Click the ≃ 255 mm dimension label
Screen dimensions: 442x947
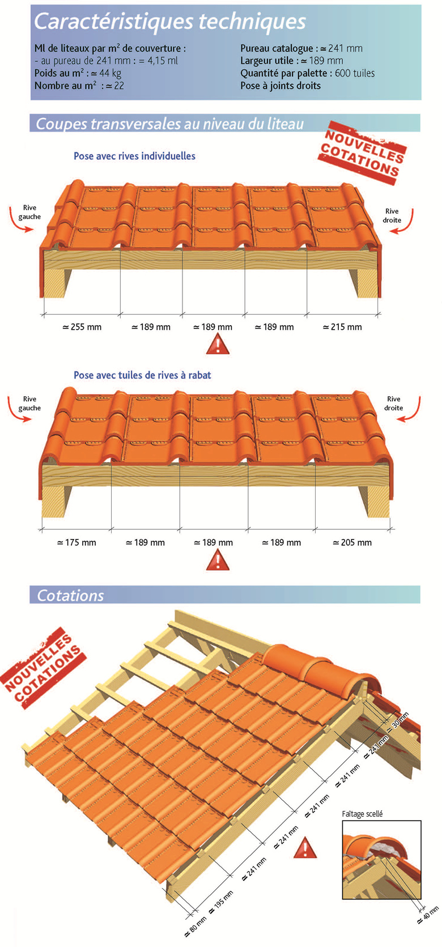pos(82,327)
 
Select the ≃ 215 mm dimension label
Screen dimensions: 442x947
pos(342,327)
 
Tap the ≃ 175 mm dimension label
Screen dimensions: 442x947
pos(76,543)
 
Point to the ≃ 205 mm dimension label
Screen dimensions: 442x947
pos(352,543)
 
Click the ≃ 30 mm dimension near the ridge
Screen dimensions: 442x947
pos(398,721)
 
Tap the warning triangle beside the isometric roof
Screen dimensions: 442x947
pos(305,850)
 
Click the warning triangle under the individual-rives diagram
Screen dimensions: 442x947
pos(218,343)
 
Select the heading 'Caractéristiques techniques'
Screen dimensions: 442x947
pos(170,21)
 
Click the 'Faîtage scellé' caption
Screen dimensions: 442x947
pos(362,814)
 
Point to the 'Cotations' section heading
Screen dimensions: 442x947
pos(70,596)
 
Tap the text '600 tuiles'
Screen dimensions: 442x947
pos(355,73)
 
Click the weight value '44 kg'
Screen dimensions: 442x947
pos(110,74)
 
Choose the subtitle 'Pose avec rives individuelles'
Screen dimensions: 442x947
pos(134,156)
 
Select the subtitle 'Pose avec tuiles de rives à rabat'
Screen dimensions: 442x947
pos(142,375)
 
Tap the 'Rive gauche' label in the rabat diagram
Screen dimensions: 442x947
pos(29,404)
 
